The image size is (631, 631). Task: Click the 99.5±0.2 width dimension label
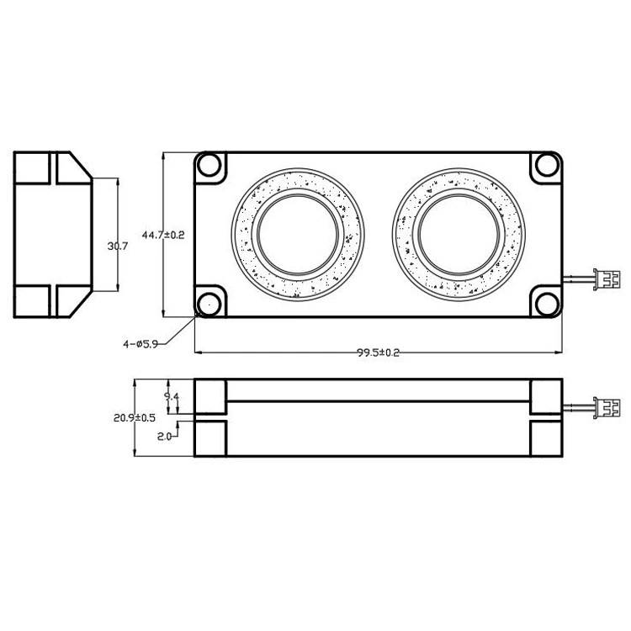click(379, 353)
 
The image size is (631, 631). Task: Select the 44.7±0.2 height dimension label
click(163, 235)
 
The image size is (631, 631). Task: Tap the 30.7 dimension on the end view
click(118, 246)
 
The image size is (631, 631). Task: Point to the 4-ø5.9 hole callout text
click(141, 344)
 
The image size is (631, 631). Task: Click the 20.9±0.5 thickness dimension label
click(135, 417)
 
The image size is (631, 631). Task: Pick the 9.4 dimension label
click(172, 396)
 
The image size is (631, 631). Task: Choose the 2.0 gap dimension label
click(164, 436)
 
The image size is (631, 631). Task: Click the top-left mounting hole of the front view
click(209, 165)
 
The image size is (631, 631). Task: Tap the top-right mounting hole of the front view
click(548, 165)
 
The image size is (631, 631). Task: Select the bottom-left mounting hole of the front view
click(209, 304)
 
